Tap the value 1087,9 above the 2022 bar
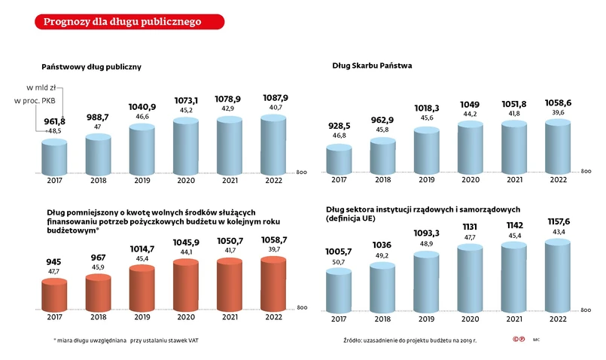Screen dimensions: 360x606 pyautogui.click(x=275, y=98)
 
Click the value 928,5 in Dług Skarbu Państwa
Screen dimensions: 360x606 pyautogui.click(x=339, y=125)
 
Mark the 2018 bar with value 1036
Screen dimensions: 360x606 pyautogui.click(x=383, y=285)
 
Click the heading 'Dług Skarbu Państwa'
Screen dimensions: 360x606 pyautogui.click(x=372, y=66)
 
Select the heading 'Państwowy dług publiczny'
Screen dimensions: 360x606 pyautogui.click(x=91, y=67)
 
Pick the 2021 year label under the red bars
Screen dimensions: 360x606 pyautogui.click(x=230, y=317)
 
